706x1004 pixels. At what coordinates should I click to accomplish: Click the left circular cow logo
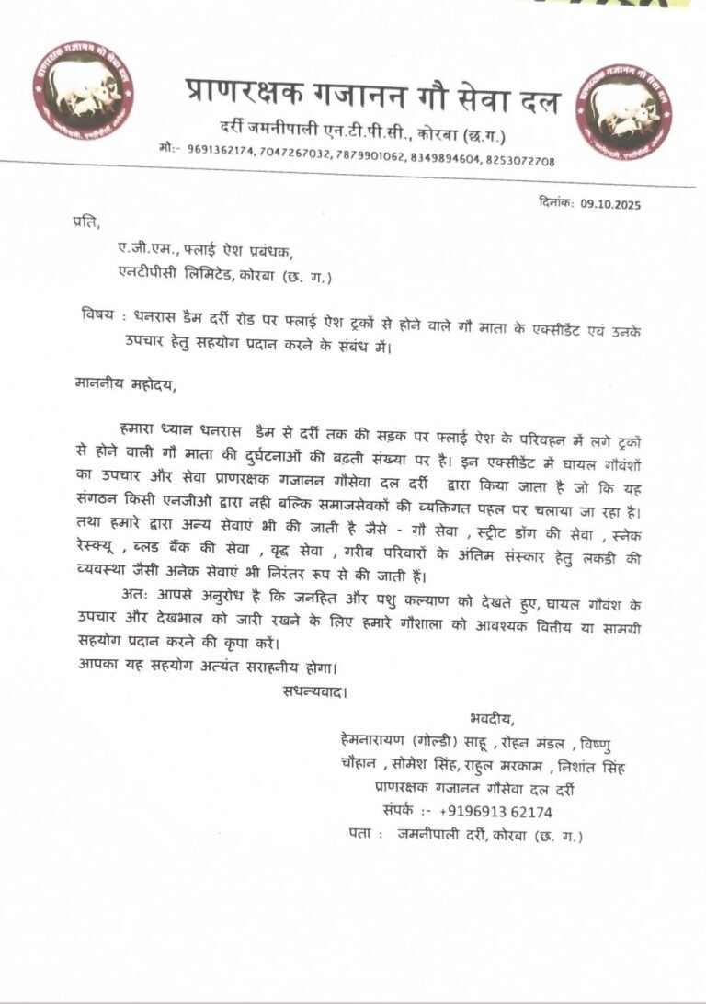tap(84, 90)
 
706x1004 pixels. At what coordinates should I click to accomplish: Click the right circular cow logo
tap(623, 112)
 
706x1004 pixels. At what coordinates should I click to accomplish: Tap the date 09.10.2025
tap(610, 204)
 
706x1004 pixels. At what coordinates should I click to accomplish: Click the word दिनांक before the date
tap(554, 204)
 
